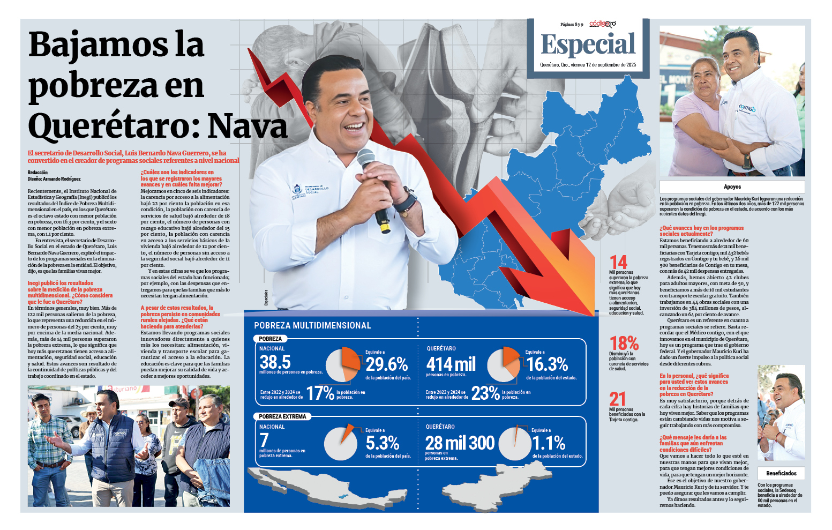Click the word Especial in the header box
pyautogui.click(x=588, y=44)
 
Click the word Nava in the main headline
pyautogui.click(x=248, y=126)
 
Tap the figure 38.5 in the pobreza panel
pyautogui.click(x=275, y=362)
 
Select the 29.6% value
pyautogui.click(x=387, y=364)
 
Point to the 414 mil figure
pyautogui.click(x=451, y=364)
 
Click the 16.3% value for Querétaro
pyautogui.click(x=547, y=364)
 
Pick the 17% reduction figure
pyautogui.click(x=320, y=393)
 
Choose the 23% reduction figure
pyautogui.click(x=485, y=393)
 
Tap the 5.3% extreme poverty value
pyautogui.click(x=383, y=443)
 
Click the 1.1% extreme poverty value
pyautogui.click(x=549, y=443)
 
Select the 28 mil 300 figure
pyautogui.click(x=460, y=443)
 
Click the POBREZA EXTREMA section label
pyautogui.click(x=282, y=416)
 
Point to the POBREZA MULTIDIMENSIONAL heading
pyautogui.click(x=312, y=325)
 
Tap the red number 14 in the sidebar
pyautogui.click(x=618, y=263)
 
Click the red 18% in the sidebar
pyautogui.click(x=624, y=343)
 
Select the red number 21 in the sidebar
pyautogui.click(x=617, y=399)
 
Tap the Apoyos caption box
pyautogui.click(x=732, y=186)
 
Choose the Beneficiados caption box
pyautogui.click(x=781, y=473)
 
